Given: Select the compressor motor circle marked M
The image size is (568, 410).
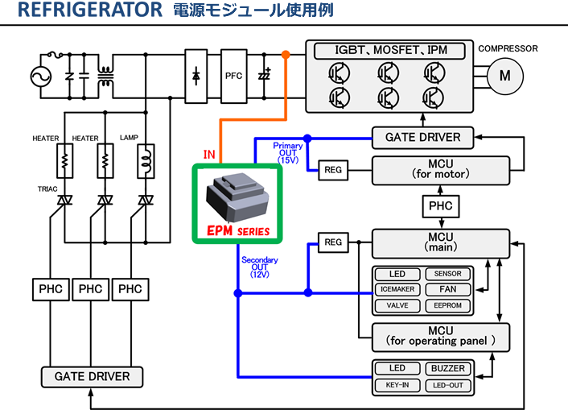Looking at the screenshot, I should point(505,76).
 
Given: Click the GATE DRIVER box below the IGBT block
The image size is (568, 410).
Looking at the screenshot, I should point(422,137).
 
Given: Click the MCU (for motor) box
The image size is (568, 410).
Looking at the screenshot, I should point(440,169).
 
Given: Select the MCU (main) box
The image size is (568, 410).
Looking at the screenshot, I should point(440,242).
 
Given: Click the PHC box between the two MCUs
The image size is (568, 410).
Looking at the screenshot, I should point(440,205).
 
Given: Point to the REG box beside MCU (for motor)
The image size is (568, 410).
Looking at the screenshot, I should point(333,169).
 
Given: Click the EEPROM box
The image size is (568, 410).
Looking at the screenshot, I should point(448,306).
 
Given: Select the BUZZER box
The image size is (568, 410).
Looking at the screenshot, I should point(448,369).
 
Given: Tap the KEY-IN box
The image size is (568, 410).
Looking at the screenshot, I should point(397,385).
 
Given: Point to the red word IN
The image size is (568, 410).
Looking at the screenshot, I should point(209,153).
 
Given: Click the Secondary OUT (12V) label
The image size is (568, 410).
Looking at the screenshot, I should point(260,267).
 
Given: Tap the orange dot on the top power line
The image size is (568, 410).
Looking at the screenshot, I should point(286,55).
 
